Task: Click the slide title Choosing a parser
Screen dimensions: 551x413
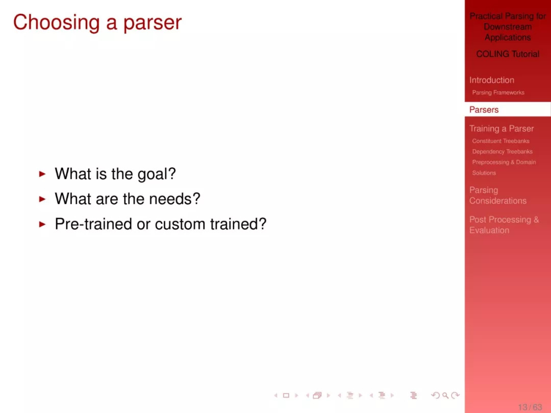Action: click(x=97, y=22)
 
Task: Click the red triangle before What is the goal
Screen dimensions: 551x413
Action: click(x=42, y=174)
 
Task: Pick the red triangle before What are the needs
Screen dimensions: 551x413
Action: click(x=42, y=199)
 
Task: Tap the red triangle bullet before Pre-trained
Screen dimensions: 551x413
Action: click(x=42, y=224)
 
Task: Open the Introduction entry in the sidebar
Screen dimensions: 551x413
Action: click(x=492, y=80)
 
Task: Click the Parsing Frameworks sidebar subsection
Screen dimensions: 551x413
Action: click(x=498, y=92)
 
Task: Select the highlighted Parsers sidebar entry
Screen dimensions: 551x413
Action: click(x=484, y=110)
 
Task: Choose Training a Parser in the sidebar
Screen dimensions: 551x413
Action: click(x=502, y=129)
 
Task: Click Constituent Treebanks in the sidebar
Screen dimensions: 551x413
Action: click(x=501, y=141)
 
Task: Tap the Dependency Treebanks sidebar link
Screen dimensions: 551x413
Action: click(x=502, y=152)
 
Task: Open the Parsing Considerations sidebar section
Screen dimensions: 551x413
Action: click(x=498, y=196)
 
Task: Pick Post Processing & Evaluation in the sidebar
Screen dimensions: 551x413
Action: click(x=504, y=225)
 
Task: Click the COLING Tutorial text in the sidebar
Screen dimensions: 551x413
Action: click(x=508, y=54)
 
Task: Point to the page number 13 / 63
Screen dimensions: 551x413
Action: click(x=530, y=407)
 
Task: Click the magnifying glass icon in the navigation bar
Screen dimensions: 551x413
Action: click(x=445, y=396)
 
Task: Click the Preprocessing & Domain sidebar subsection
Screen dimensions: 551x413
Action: click(x=504, y=162)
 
